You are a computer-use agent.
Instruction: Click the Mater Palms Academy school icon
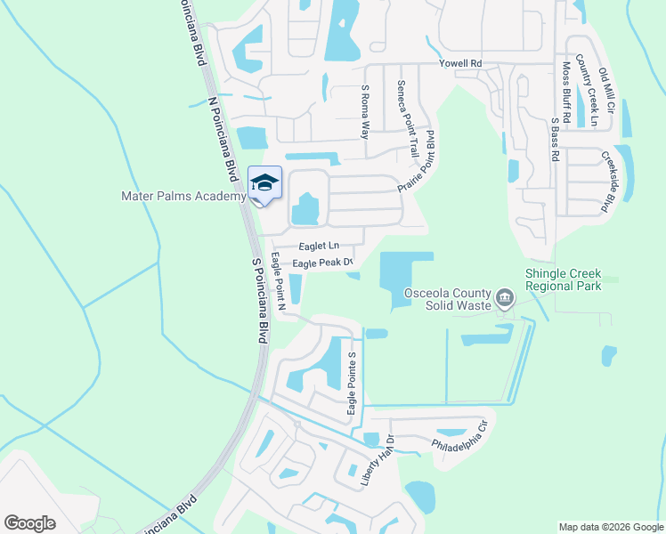coord(264,182)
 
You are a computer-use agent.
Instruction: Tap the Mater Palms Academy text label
coord(183,196)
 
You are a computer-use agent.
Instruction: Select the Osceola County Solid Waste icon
coord(506,296)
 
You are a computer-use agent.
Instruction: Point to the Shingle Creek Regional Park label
coord(564,279)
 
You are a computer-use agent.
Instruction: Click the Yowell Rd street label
coord(459,64)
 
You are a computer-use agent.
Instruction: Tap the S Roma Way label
coord(364,111)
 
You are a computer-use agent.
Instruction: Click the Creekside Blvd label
coord(609,182)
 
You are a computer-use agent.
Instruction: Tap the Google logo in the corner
coord(29,523)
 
